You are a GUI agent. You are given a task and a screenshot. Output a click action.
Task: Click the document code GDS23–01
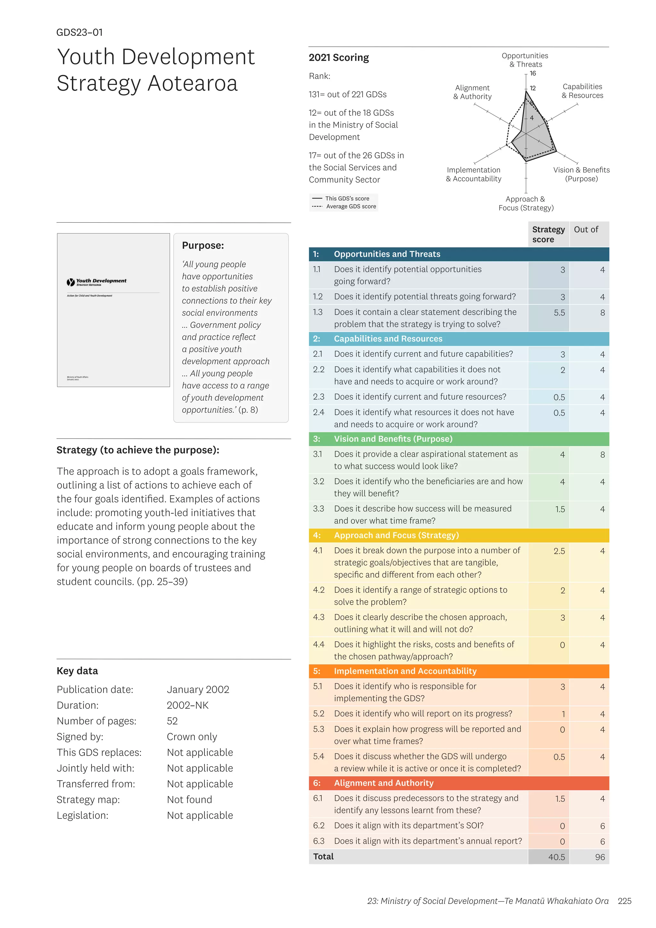click(79, 32)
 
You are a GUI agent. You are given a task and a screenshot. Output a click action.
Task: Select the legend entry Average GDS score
click(351, 207)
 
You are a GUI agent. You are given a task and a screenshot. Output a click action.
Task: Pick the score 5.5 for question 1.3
click(559, 313)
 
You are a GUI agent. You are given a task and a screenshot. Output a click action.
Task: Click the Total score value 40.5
click(556, 857)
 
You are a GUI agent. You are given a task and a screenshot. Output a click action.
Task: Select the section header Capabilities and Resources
click(388, 339)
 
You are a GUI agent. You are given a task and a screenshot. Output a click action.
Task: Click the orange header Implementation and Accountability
click(405, 671)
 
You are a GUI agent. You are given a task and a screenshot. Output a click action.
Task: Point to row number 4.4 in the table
click(318, 644)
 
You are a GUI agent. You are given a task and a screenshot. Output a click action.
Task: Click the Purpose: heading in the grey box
click(203, 245)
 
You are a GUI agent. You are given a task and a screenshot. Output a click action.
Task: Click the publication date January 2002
click(198, 690)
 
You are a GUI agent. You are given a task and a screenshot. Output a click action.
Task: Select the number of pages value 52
click(172, 721)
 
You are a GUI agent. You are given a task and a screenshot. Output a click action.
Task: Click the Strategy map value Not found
click(189, 800)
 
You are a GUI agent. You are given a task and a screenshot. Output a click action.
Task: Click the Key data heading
click(77, 671)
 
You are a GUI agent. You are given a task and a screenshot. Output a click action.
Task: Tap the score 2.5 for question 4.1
click(559, 551)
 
